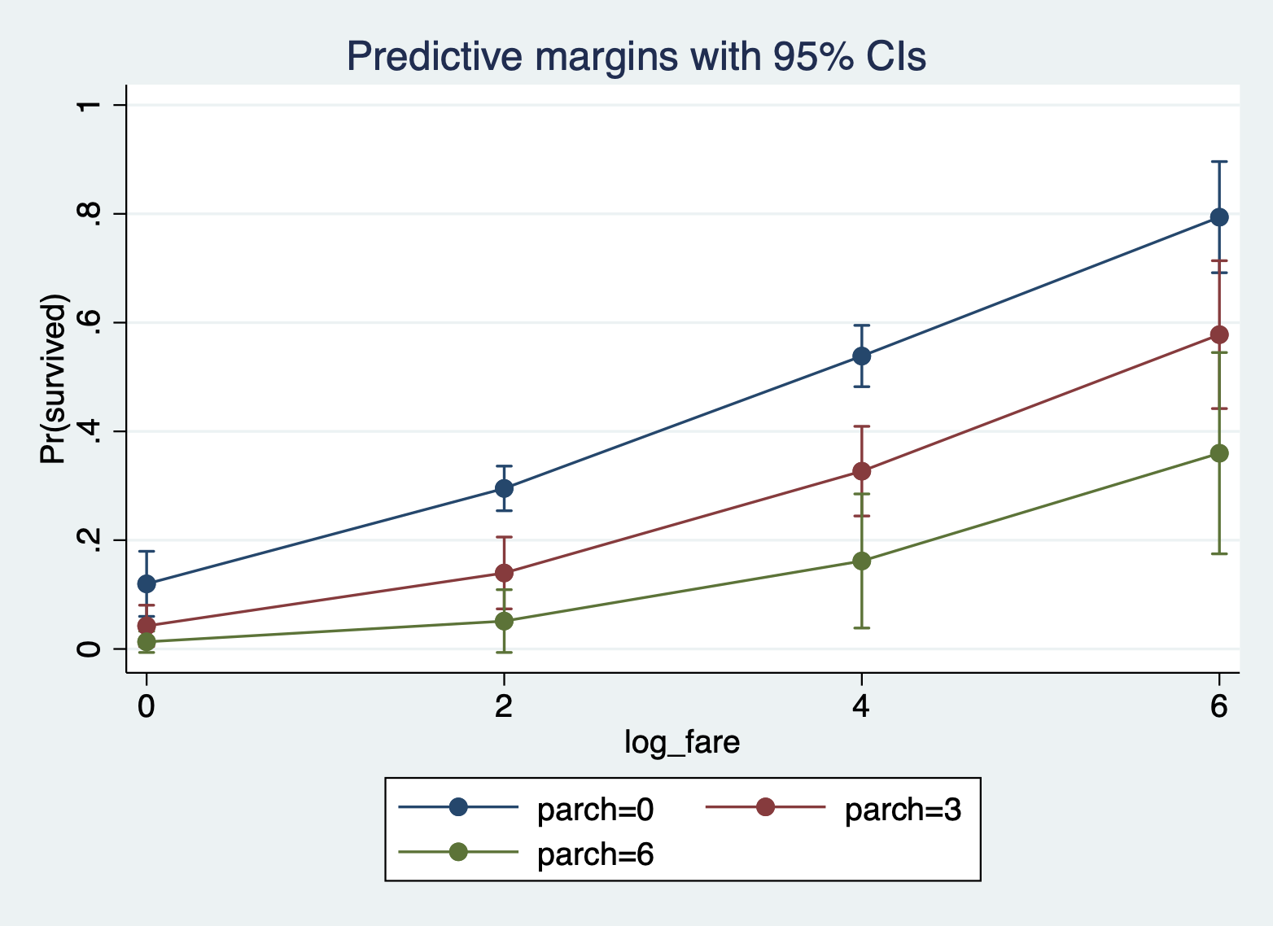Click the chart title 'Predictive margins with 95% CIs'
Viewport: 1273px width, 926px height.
[636, 57]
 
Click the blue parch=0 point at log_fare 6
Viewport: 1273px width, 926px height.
[1218, 217]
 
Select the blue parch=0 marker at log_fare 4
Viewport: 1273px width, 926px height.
[861, 356]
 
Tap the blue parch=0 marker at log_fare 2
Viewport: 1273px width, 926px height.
[504, 488]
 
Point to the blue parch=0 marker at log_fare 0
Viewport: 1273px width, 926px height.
[147, 583]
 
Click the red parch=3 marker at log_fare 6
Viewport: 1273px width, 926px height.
[1218, 334]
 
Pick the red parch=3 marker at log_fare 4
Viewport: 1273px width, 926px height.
[861, 471]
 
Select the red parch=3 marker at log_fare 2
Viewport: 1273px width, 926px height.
[504, 573]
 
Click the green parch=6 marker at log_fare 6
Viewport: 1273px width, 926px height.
[1218, 453]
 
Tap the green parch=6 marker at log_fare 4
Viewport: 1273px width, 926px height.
[861, 561]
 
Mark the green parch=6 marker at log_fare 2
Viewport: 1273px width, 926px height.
[504, 621]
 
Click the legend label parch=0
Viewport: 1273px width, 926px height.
[595, 810]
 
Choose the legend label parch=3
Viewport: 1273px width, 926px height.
[903, 810]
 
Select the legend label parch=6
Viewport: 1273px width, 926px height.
[595, 854]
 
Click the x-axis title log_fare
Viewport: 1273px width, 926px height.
[682, 742]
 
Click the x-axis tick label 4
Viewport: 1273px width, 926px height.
[861, 705]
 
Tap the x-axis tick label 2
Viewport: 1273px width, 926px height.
[504, 705]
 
